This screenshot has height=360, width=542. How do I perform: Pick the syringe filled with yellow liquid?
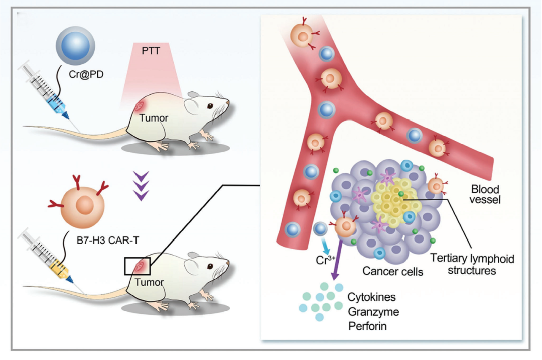tap(48, 256)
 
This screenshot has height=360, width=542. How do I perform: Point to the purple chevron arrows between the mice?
tap(144, 185)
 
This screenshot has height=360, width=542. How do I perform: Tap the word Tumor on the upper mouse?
tap(154, 118)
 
